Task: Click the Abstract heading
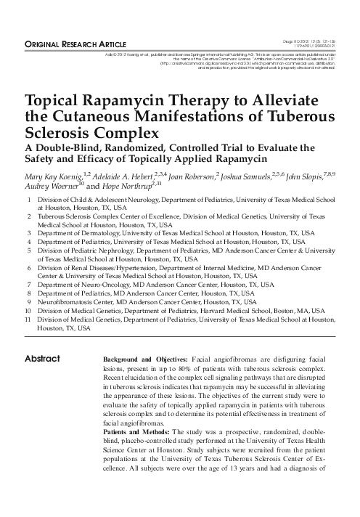pos(43,359)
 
